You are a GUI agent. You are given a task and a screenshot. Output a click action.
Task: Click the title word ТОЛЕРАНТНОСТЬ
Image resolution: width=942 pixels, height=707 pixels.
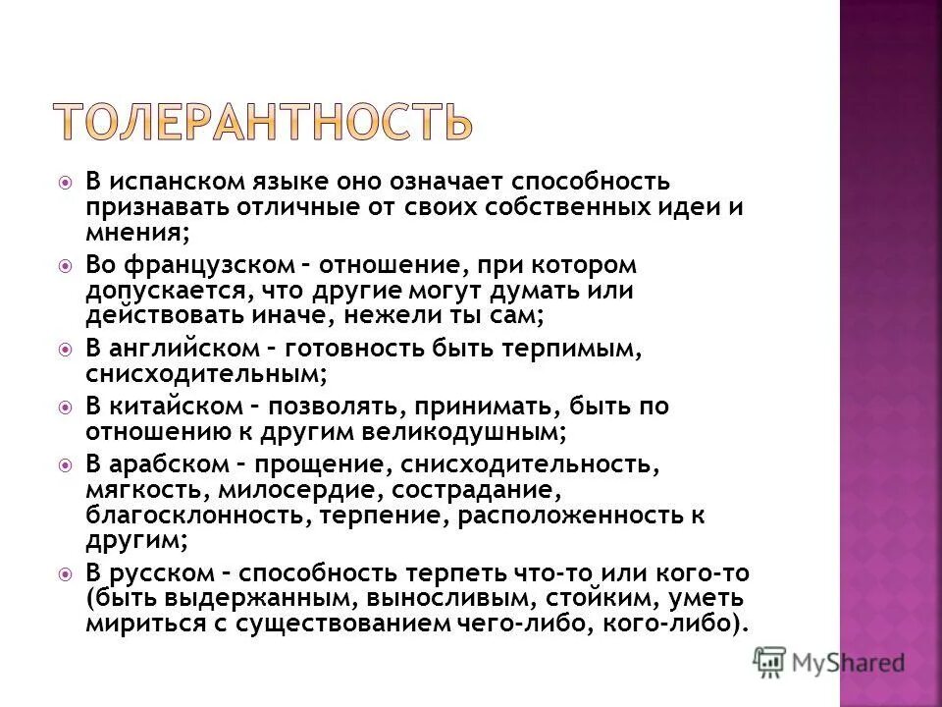pos(262,121)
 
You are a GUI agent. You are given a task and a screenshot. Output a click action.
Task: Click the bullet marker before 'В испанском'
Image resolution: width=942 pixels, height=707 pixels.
pos(65,183)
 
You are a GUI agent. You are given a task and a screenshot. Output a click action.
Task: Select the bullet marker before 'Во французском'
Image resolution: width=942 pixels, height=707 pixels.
pos(65,266)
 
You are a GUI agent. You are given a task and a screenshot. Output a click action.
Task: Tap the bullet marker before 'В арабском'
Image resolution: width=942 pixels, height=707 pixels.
pos(65,463)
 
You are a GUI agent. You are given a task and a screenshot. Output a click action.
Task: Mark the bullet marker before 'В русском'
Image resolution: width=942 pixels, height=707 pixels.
pos(65,573)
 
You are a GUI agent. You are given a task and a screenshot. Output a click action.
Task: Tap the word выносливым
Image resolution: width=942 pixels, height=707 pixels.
pos(438,598)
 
